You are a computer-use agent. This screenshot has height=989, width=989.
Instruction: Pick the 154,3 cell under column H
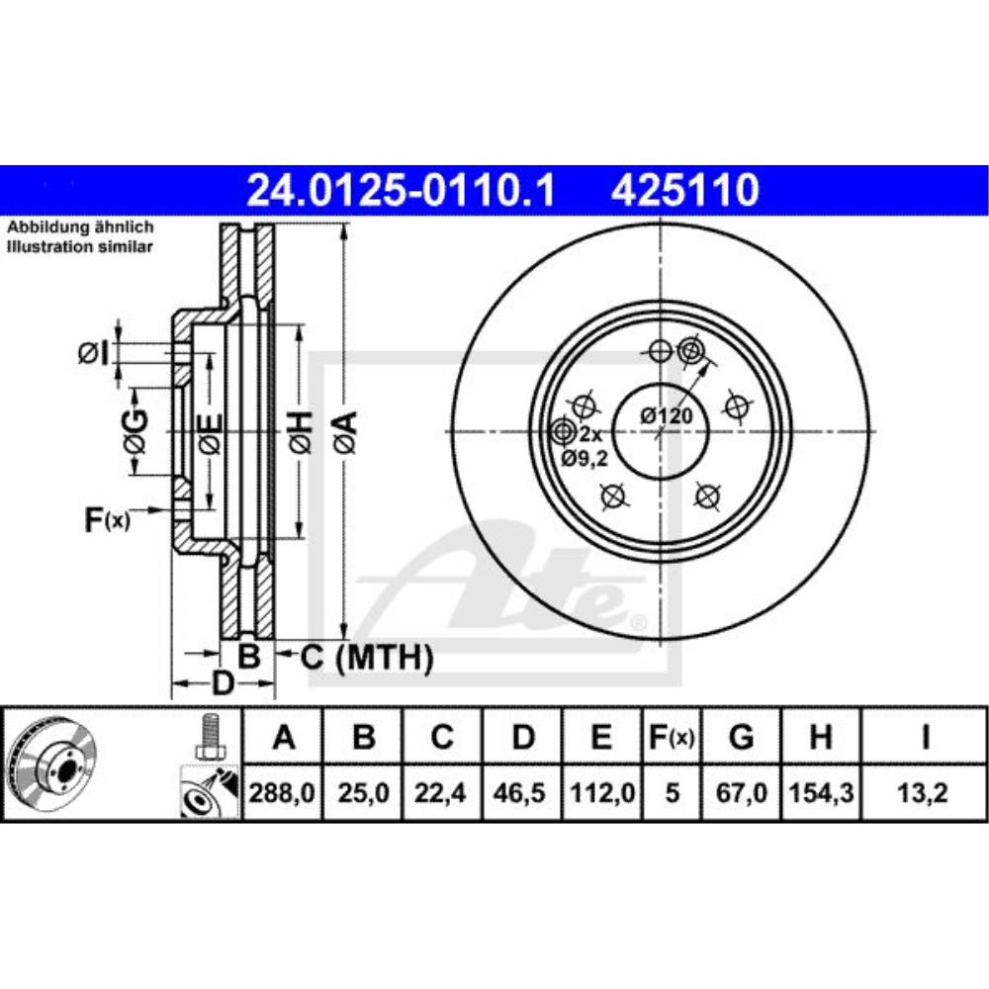pos(821,792)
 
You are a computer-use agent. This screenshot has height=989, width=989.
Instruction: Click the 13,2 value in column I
pos(924,792)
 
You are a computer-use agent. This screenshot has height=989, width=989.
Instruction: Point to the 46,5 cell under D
pos(523,792)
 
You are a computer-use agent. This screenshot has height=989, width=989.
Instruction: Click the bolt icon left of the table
pos(208,737)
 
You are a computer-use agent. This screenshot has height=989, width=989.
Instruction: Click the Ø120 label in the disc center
pos(665,416)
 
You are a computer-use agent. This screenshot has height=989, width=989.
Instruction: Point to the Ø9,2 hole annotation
pos(584,457)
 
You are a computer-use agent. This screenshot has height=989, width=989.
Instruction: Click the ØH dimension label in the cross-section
pos(304,432)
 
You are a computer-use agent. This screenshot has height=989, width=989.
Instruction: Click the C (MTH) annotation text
pos(367,655)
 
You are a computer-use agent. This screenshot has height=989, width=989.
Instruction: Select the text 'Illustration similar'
pos(80,247)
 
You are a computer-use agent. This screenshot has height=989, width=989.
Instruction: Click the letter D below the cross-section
pos(224,682)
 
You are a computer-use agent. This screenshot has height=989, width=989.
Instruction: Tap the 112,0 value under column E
pos(603,792)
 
